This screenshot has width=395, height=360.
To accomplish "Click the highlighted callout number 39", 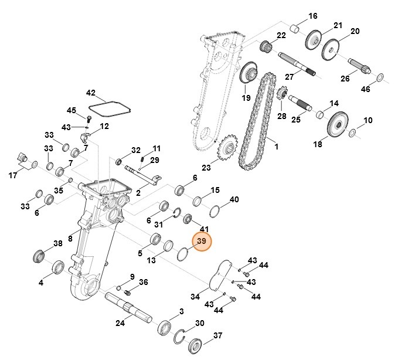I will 202,242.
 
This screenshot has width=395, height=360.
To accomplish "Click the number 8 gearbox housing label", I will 70,239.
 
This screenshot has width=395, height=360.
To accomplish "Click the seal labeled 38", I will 39,256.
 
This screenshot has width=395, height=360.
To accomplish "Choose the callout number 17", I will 13,175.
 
